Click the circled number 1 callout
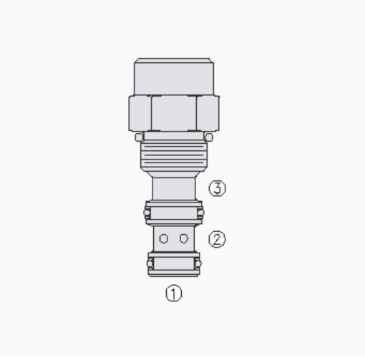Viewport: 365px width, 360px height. click(174, 293)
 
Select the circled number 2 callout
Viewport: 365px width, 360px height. click(217, 239)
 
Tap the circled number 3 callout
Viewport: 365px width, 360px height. click(218, 188)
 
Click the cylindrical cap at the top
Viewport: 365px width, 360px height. click(174, 77)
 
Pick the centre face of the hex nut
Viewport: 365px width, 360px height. click(174, 113)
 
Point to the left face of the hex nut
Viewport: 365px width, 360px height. click(140, 113)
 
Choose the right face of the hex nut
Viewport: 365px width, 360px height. click(208, 113)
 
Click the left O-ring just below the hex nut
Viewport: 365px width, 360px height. click(139, 137)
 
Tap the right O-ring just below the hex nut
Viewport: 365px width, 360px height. click(209, 137)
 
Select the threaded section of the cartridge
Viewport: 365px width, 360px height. click(174, 155)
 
